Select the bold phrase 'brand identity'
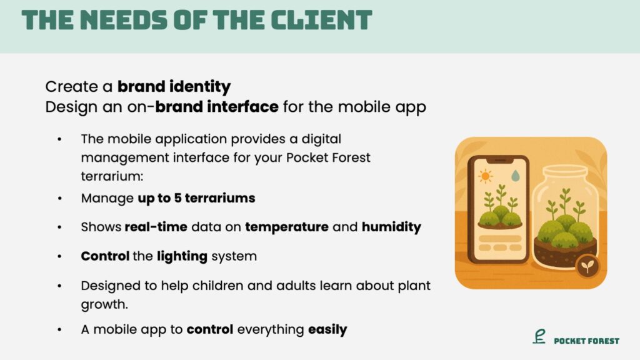click(x=174, y=87)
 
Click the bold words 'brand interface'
click(x=217, y=107)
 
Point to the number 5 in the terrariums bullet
click(x=177, y=198)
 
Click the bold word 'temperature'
click(x=286, y=227)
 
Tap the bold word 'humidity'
click(x=391, y=227)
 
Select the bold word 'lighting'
click(x=182, y=256)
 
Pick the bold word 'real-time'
click(x=156, y=227)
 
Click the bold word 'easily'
click(x=327, y=330)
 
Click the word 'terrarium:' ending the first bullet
click(x=112, y=176)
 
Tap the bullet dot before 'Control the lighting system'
click(x=59, y=257)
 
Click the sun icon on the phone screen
click(x=485, y=176)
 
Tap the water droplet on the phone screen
click(x=516, y=176)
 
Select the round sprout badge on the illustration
click(x=587, y=267)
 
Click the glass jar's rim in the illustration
click(x=564, y=170)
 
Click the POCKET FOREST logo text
click(x=586, y=341)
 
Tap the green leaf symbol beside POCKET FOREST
click(x=539, y=336)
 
